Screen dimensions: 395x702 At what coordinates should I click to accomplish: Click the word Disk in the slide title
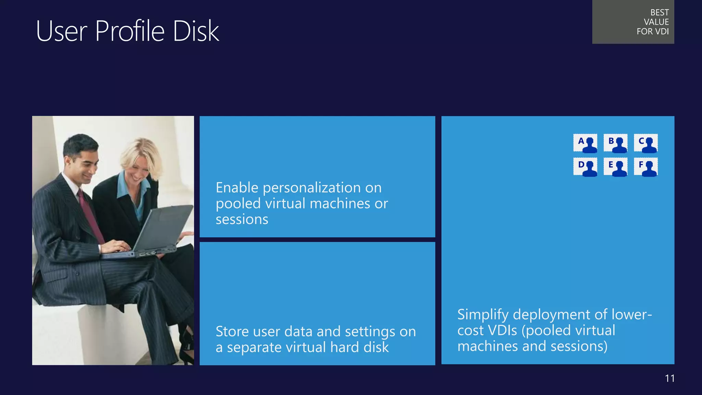196,31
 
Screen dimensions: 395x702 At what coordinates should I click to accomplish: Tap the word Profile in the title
130,31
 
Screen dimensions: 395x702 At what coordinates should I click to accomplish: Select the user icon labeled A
585,143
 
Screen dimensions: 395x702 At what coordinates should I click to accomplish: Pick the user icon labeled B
616,143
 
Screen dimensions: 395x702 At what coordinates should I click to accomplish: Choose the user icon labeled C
646,143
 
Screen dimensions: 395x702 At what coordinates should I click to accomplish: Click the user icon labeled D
585,167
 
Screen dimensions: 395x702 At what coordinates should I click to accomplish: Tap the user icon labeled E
616,167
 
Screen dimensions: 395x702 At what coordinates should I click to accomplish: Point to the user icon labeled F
646,167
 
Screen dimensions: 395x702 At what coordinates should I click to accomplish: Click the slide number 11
670,378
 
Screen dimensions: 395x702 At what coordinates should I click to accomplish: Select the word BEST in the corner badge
659,13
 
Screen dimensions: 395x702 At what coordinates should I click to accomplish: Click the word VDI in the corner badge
662,32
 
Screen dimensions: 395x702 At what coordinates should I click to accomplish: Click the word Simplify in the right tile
483,315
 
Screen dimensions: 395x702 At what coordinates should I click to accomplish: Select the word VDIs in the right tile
502,331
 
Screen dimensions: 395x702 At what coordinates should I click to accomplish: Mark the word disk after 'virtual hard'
376,347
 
